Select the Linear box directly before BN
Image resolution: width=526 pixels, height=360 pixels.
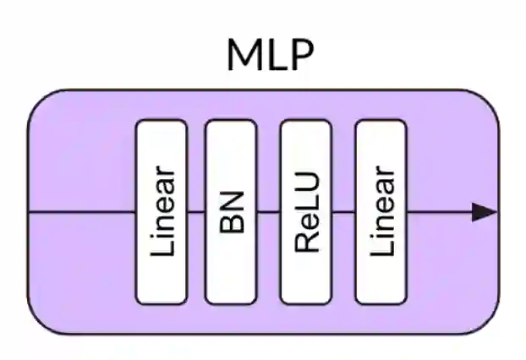162,211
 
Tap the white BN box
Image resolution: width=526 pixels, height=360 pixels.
231,211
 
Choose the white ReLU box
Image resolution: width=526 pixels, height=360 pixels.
305,211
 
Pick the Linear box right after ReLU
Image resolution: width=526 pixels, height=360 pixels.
380,211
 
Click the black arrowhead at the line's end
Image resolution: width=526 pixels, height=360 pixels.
485,212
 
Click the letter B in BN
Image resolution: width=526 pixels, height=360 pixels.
231,221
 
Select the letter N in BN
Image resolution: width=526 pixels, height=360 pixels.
231,201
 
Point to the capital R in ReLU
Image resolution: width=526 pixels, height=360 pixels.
306,242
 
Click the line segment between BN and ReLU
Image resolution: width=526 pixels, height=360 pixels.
268,212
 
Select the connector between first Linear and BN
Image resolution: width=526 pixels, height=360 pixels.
196,212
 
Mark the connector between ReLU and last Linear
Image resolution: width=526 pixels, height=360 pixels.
342,212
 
